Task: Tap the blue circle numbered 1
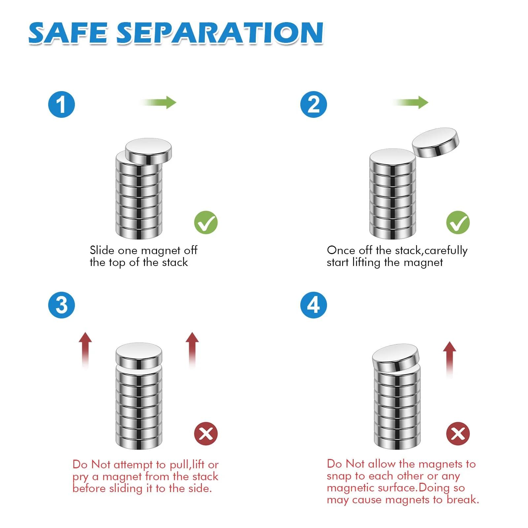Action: pos(62,104)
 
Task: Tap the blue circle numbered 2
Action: pos(313,104)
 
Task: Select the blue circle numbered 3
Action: pos(62,305)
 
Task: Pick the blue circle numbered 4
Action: pos(313,305)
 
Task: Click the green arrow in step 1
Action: pos(158,102)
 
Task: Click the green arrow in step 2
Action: pos(410,102)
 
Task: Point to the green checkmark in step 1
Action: pos(206,222)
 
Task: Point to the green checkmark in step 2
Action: pos(458,222)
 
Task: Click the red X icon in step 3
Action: pos(206,434)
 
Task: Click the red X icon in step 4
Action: pos(458,434)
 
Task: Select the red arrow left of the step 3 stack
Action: pos(86,350)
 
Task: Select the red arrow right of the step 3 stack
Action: pos(192,350)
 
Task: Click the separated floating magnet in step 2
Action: pos(436,142)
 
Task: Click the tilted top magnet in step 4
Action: pos(396,358)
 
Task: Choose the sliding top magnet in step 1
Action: pos(148,151)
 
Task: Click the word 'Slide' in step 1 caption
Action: pos(102,250)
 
